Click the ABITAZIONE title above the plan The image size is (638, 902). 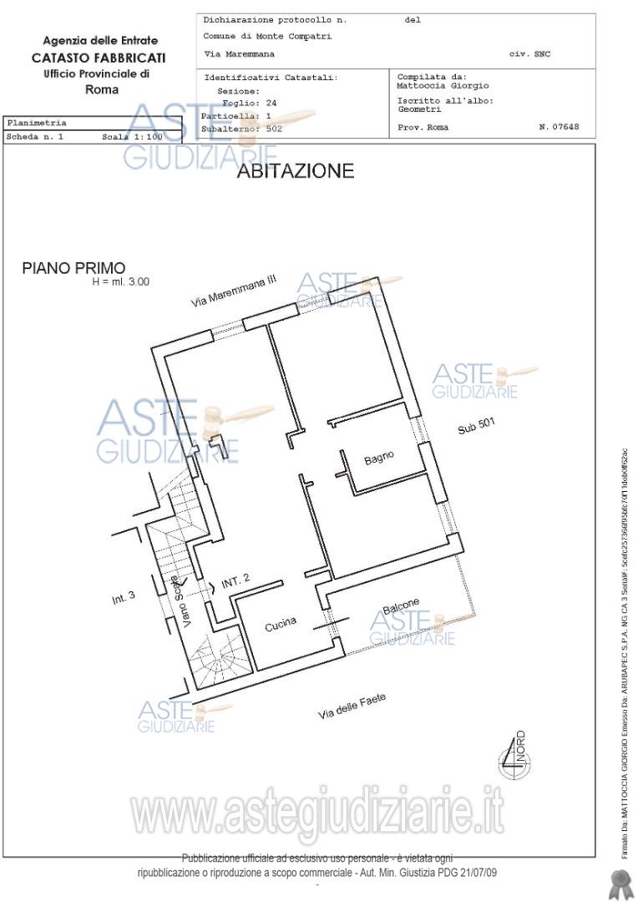coord(296,172)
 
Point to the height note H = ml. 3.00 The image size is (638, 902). coord(121,282)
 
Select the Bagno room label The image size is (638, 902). coord(378,459)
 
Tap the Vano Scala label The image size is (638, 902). coord(183,602)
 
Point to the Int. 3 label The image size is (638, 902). coord(123,598)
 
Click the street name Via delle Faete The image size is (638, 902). coord(352,707)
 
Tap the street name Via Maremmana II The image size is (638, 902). coord(233,293)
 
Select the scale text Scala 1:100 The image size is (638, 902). coord(132,137)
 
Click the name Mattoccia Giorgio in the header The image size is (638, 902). coord(443,85)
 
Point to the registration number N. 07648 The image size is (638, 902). coord(559,128)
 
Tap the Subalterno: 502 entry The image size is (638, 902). coord(241,129)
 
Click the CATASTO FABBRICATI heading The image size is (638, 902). coord(99,58)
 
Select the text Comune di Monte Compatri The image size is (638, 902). coord(267,37)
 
